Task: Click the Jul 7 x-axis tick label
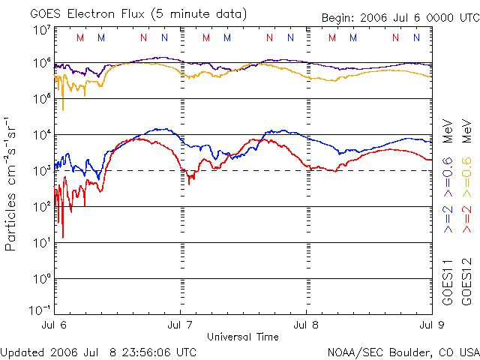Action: [x=180, y=325]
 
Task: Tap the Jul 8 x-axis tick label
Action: [x=306, y=325]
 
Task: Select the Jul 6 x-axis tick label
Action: [x=54, y=325]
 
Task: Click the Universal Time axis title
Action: [x=242, y=336]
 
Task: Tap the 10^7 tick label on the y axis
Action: [x=42, y=30]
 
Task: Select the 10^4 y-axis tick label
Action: [x=42, y=135]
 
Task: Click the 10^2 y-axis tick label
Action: [x=42, y=206]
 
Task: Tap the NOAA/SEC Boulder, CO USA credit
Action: [x=403, y=352]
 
